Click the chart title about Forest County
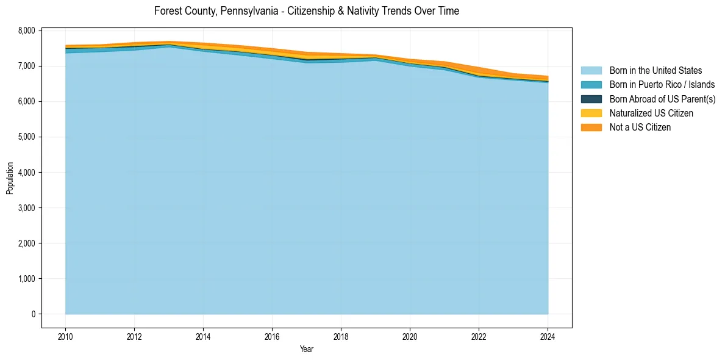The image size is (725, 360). click(306, 11)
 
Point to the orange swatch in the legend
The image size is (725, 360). click(591, 128)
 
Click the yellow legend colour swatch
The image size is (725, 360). click(591, 113)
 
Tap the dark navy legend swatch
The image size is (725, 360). click(591, 99)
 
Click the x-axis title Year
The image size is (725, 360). click(307, 350)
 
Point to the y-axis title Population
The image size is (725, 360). click(10, 178)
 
